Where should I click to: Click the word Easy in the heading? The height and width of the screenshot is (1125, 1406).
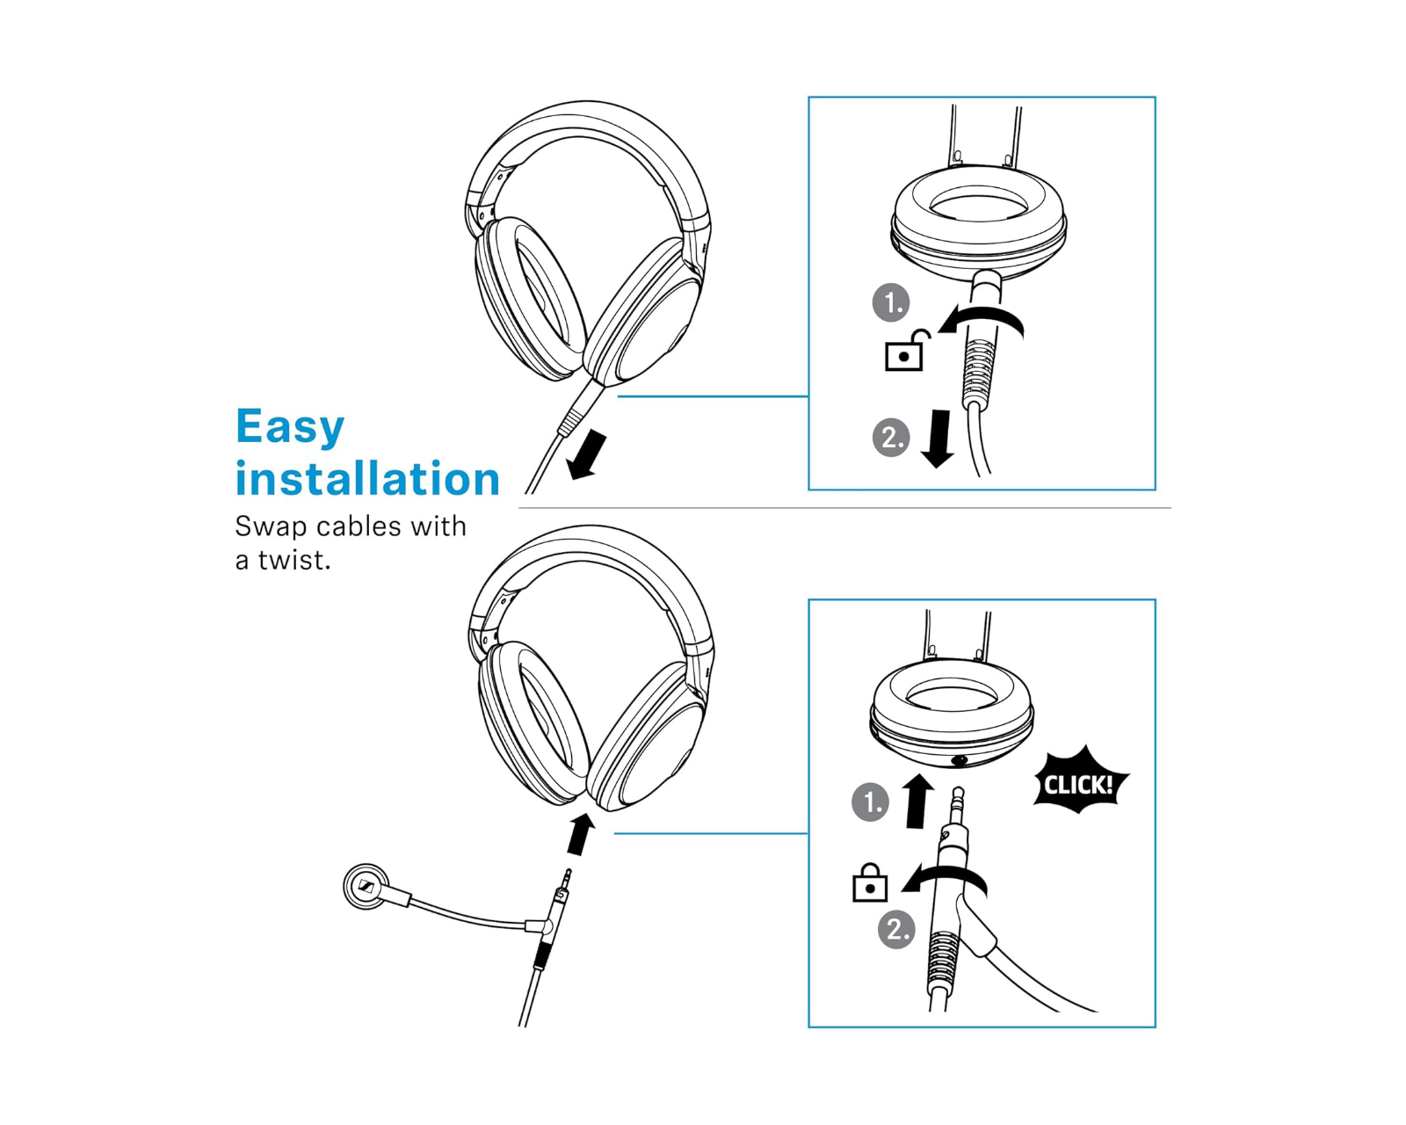(289, 427)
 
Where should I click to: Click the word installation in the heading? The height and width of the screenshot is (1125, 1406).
(367, 478)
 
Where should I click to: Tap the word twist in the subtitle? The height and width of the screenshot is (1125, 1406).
(294, 560)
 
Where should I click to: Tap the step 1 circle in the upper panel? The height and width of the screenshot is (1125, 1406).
(891, 302)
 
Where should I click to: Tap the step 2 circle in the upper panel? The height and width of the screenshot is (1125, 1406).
(891, 438)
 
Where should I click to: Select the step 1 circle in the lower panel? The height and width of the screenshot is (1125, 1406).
(870, 802)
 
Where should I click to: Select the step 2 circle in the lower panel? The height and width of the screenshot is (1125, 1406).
(896, 930)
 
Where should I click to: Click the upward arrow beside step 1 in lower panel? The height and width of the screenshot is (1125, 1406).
(917, 802)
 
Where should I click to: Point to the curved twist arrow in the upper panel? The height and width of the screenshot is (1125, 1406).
(980, 316)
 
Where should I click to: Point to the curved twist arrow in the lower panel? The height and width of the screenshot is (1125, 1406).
(943, 876)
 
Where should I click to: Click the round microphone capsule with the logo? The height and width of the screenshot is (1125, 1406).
(366, 887)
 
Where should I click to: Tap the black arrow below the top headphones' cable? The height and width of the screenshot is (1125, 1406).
(587, 455)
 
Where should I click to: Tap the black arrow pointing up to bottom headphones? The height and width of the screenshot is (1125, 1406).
(579, 833)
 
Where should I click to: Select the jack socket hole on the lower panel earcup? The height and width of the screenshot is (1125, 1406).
(960, 760)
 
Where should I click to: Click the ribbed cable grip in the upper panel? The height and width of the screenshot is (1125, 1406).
(977, 374)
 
